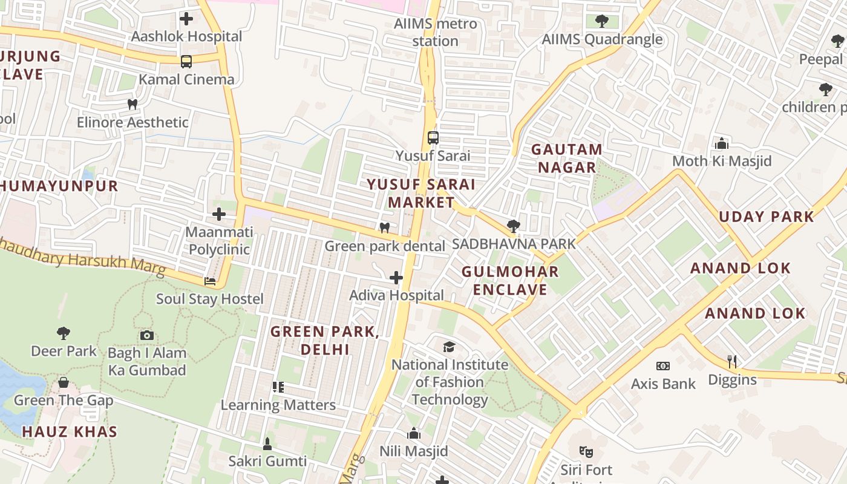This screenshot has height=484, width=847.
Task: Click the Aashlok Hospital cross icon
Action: (x=186, y=19)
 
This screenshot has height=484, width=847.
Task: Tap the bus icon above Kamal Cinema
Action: (x=186, y=61)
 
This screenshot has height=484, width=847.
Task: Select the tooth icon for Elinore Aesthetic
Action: (x=132, y=104)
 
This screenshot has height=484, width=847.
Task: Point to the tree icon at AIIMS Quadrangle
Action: (x=601, y=22)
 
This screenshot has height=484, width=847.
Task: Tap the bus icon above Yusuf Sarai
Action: (x=433, y=137)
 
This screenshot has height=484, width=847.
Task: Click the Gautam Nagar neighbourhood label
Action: (x=566, y=158)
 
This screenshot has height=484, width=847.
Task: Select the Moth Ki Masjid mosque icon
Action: (x=721, y=143)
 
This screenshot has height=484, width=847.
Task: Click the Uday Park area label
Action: (x=767, y=217)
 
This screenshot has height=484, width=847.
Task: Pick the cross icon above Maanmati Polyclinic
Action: (x=219, y=214)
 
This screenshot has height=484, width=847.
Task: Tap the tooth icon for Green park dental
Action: (x=384, y=228)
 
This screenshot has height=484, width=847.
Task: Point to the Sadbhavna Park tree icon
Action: (x=514, y=226)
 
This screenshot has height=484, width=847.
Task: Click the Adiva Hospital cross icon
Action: (x=396, y=278)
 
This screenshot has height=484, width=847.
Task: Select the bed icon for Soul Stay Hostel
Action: (x=210, y=281)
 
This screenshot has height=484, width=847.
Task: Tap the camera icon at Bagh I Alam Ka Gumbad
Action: (x=146, y=335)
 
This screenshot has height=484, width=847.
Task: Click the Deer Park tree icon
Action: (x=63, y=333)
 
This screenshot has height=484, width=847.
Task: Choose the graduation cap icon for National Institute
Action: (x=449, y=347)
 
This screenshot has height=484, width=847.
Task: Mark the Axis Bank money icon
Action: (x=663, y=365)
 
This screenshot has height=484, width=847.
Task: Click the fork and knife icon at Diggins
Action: (x=732, y=362)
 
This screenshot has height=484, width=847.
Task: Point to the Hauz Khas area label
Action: (x=70, y=432)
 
